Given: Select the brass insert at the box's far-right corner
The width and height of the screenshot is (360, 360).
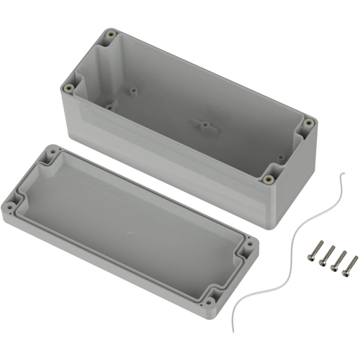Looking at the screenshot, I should pos(308,123).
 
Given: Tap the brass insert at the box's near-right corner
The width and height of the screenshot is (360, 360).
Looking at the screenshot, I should pos(269,179).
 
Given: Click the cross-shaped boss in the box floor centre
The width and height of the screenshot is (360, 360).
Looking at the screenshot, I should pos(204,125).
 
